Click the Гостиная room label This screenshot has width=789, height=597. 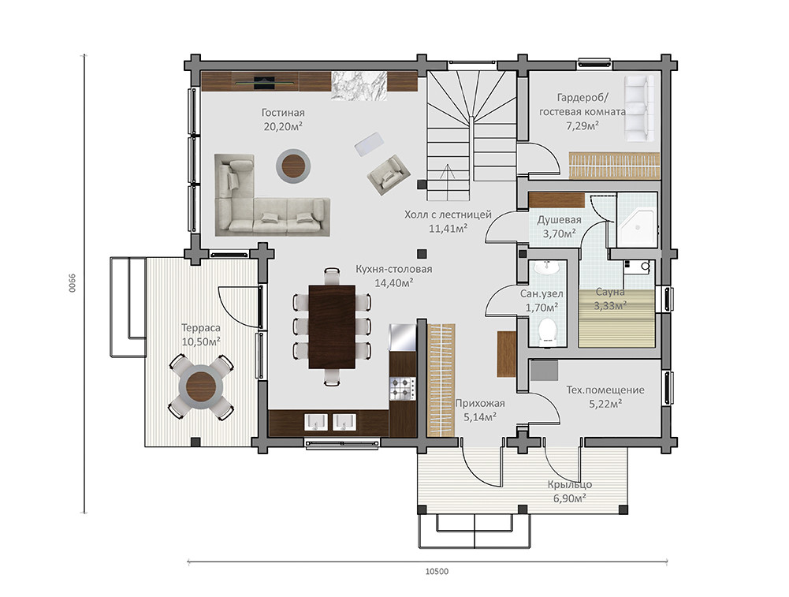click(x=283, y=113)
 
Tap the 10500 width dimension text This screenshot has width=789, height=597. click(x=437, y=571)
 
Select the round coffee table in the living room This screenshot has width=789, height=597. click(x=293, y=166)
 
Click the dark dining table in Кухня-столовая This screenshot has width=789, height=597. click(x=332, y=327)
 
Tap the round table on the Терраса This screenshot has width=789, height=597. click(x=201, y=387)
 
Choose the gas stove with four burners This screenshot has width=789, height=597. click(x=403, y=389)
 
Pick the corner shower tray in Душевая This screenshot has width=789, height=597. click(x=638, y=228)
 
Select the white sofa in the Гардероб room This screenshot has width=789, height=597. click(x=639, y=108)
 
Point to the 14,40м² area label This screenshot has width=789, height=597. click(x=393, y=283)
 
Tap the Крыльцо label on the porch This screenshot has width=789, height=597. click(x=570, y=485)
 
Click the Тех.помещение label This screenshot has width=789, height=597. click(x=605, y=390)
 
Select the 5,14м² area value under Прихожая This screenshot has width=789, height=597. click(x=480, y=416)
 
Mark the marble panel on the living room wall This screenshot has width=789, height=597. click(x=359, y=86)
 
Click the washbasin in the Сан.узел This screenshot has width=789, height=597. click(x=546, y=268)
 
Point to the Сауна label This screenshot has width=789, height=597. click(x=610, y=292)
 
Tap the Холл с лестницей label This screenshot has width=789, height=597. click(x=448, y=215)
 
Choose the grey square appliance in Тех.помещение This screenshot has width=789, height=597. click(x=544, y=371)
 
